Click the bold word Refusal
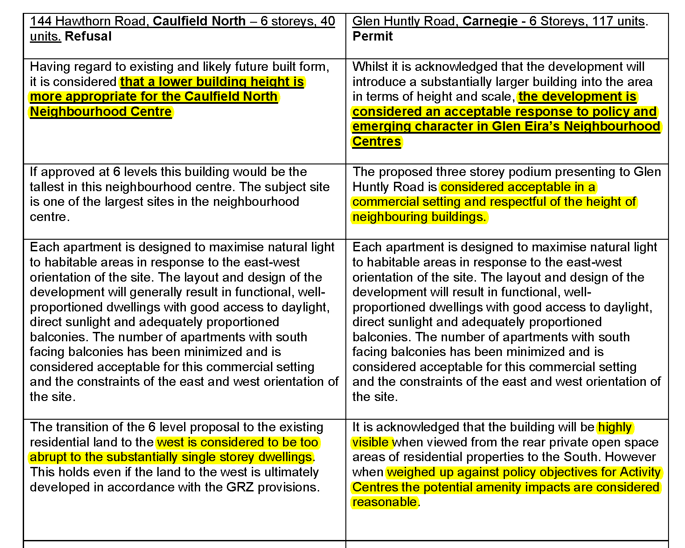tap(88, 36)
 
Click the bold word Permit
tap(372, 36)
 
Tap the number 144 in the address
tap(41, 21)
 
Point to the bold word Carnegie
tap(490, 21)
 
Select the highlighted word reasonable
tap(385, 502)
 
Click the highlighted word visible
tap(371, 442)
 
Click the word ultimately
tap(291, 472)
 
